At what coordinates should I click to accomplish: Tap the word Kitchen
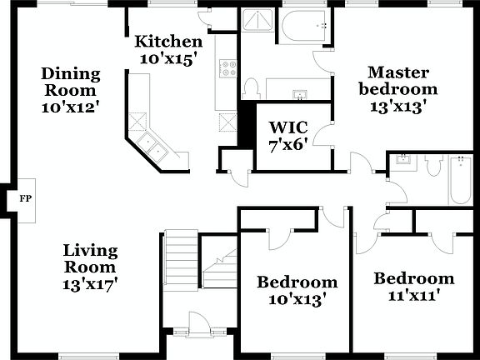pos(169,42)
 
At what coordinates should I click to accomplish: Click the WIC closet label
pos(288,127)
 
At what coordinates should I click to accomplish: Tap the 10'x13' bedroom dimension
pos(297,298)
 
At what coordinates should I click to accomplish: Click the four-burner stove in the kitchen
pos(227,69)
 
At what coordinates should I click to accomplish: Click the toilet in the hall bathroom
pos(431,167)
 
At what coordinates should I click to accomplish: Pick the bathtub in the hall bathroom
pos(461,182)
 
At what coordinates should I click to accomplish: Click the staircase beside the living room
pos(180,258)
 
